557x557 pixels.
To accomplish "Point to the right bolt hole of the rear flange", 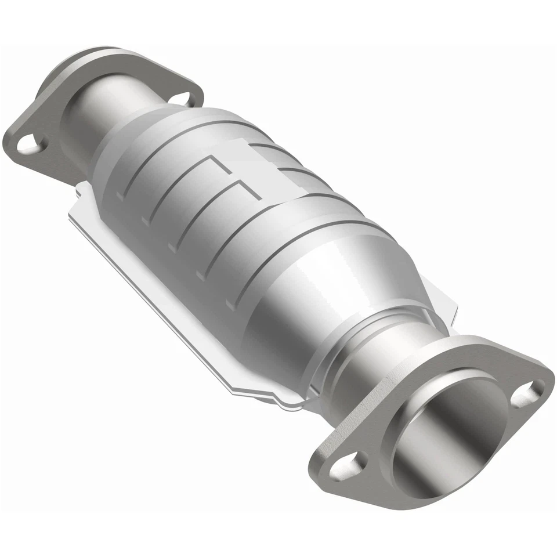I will tap(182, 98).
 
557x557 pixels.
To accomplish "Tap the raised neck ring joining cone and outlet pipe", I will tap(337, 342).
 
